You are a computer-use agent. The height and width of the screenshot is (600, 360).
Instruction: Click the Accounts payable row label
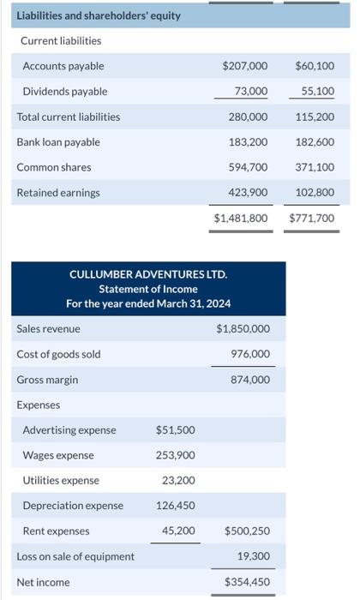(x=63, y=66)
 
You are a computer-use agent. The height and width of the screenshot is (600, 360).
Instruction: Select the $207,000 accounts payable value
(x=244, y=66)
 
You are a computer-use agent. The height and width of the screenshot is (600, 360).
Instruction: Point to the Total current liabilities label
(x=69, y=117)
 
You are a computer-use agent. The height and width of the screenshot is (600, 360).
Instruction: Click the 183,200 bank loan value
(x=248, y=142)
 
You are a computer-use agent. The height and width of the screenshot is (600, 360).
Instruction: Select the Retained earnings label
(x=58, y=193)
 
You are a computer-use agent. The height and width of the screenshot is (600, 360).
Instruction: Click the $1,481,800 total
(x=241, y=219)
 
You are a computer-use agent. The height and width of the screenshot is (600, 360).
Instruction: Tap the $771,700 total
(x=312, y=219)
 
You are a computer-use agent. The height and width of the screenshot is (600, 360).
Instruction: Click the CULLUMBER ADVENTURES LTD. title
(x=148, y=274)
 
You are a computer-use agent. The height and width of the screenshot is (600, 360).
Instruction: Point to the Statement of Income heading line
(x=148, y=289)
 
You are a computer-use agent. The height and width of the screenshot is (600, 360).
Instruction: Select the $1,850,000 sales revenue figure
(x=243, y=329)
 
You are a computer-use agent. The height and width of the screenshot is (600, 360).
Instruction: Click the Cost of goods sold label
(x=58, y=354)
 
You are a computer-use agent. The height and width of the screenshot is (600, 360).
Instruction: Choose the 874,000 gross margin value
(x=250, y=380)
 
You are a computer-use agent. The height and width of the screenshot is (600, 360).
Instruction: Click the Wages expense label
(x=58, y=455)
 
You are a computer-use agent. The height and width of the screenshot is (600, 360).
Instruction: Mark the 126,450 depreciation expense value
(x=177, y=506)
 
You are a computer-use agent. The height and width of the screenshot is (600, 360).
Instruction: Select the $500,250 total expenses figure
(x=247, y=531)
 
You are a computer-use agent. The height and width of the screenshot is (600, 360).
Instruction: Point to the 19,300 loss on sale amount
(x=253, y=556)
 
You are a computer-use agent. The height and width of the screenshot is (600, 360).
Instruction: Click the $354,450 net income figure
(x=247, y=582)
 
